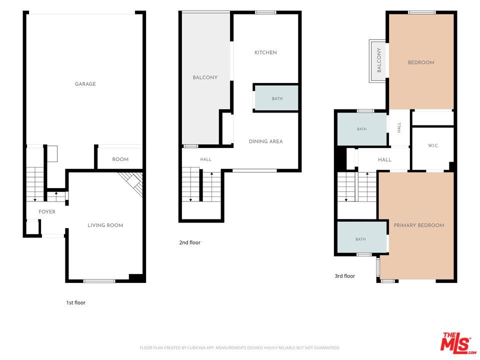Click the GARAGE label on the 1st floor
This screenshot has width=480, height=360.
pos(85,84)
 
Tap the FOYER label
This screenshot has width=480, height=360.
pos(47,212)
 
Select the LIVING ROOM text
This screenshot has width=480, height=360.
pos(105,225)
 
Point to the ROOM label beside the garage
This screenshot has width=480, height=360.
pos(120,159)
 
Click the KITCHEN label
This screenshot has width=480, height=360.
pos(265,52)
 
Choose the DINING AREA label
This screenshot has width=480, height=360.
pos(265,141)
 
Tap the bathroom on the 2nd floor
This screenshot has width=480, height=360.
pos(276,98)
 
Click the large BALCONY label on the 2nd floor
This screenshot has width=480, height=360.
pos(205,78)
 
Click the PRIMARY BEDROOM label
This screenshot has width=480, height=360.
pos(419,225)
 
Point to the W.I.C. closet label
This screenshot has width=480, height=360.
pos(433,145)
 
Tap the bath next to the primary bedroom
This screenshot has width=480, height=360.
pos(362,237)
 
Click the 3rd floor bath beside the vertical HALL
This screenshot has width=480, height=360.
pos(362,129)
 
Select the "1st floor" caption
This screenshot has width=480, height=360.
pos(76,303)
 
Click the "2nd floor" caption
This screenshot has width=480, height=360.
pos(190,242)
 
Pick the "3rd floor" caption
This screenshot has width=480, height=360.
pos(345,276)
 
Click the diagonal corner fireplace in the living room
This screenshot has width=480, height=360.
pos(131,183)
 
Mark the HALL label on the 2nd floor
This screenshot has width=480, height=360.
pos(205,159)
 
